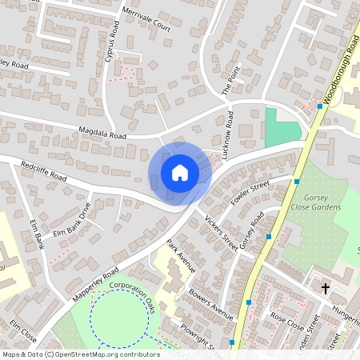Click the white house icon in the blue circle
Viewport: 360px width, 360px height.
[x=180, y=172]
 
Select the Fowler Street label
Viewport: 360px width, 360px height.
[x=251, y=194]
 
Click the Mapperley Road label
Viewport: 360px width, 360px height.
[x=95, y=284]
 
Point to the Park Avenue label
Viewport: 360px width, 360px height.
[x=181, y=254]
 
